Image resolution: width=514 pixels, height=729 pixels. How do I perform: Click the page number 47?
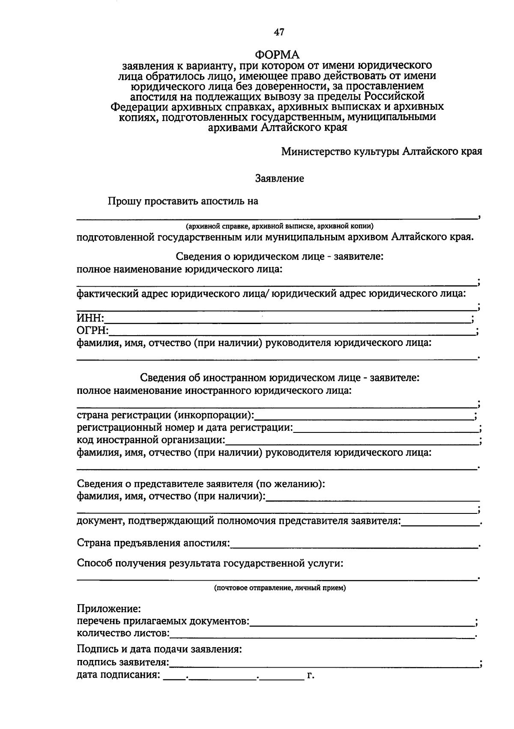pos(279,32)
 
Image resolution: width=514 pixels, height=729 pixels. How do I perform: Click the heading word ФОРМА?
pos(278,54)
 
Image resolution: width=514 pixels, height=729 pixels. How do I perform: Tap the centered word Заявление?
pos(280,178)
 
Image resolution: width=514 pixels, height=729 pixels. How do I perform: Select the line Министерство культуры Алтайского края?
pos(382,152)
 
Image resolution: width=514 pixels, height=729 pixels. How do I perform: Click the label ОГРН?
pos(93,330)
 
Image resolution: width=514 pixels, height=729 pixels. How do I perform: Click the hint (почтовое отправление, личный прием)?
pos(280,588)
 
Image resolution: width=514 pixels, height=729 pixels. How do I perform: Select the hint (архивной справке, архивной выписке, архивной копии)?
pos(280,226)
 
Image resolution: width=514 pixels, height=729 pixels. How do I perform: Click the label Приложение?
pos(109,609)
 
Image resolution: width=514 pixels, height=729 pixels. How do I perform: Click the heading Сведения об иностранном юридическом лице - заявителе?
pos(280,378)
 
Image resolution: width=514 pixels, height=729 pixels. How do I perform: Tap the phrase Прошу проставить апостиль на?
pos(183,201)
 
